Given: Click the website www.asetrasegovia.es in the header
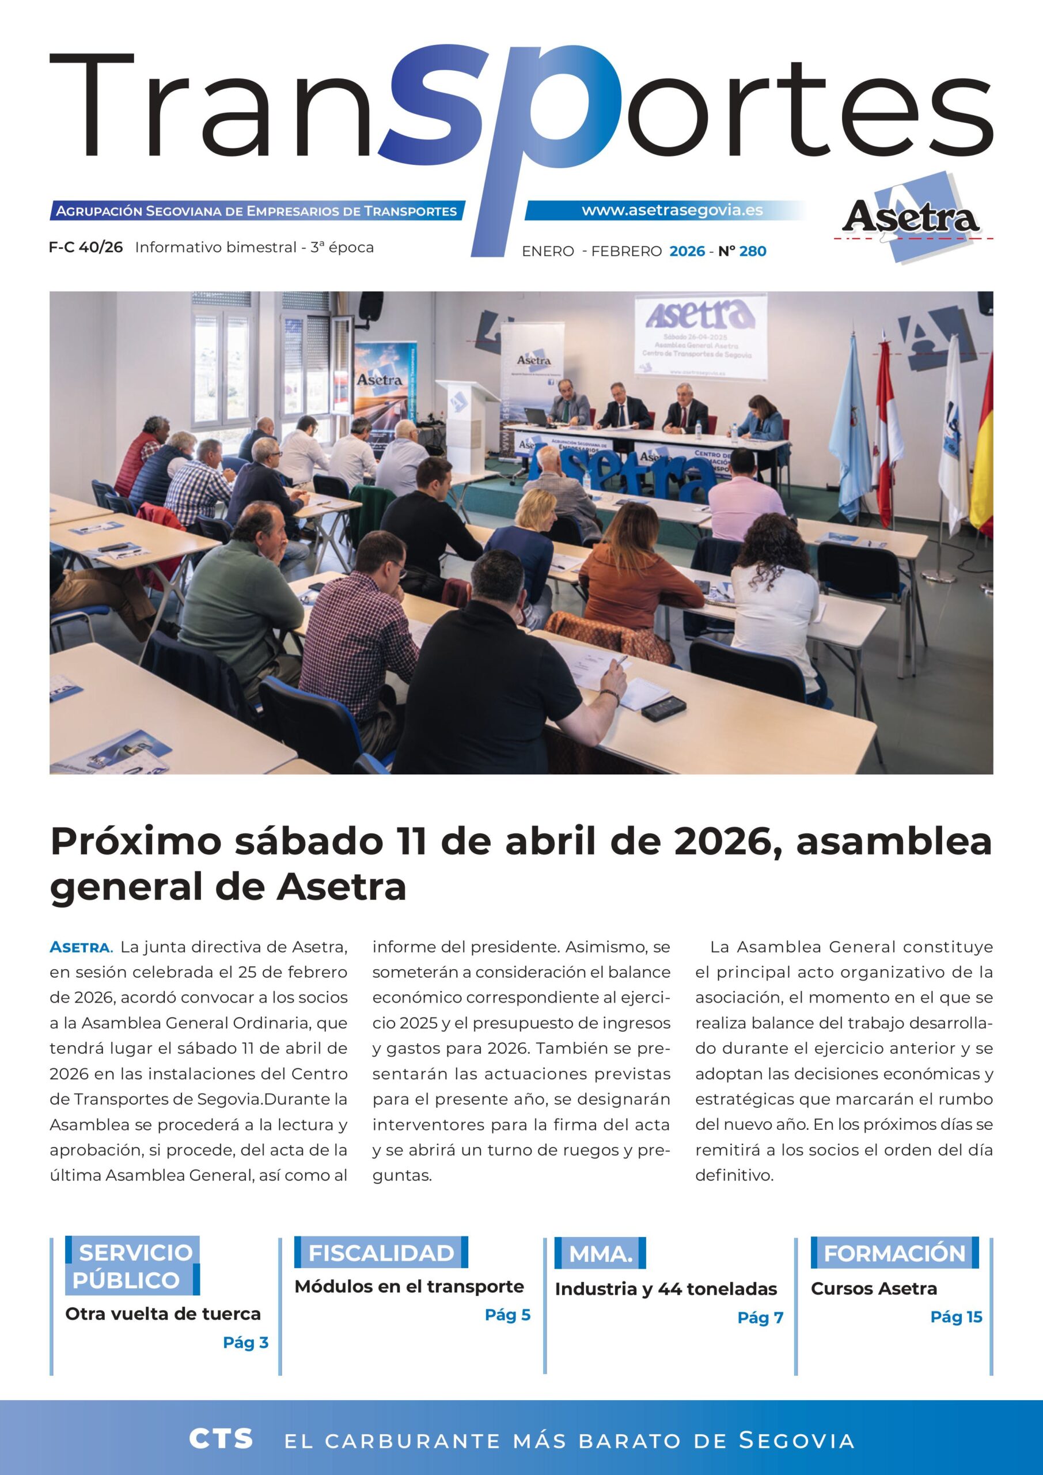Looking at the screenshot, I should [672, 210].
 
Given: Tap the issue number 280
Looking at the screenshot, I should [753, 251].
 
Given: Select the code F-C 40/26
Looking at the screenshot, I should [85, 247].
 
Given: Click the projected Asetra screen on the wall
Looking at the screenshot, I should [700, 336].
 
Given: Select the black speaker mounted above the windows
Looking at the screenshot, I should [370, 306].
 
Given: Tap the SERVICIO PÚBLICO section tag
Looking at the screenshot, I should [132, 1266].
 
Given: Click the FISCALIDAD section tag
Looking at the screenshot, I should [381, 1253].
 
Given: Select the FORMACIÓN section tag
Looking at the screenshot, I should [894, 1253].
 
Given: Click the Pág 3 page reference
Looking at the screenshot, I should [245, 1342].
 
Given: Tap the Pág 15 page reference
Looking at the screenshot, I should [955, 1317].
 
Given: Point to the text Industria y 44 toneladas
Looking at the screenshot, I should [665, 1289].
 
